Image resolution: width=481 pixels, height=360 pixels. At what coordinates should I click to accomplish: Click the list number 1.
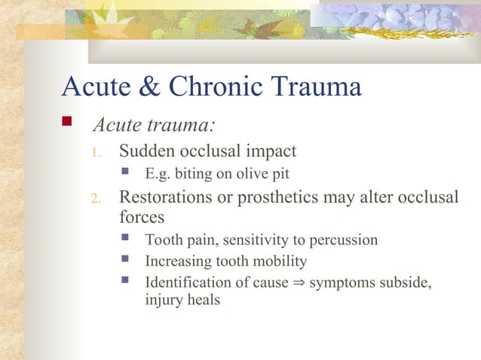point(95,154)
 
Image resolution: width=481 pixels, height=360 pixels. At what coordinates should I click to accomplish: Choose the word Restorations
point(168,197)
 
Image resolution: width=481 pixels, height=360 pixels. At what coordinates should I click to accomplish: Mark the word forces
point(142,217)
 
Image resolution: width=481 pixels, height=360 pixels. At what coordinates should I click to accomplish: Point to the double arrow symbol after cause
point(299,284)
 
